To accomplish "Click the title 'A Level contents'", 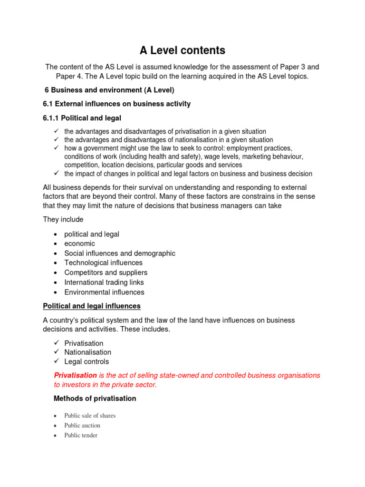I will point(182,50).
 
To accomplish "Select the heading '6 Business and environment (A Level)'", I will point(109,90).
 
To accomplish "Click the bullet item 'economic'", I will point(79,243).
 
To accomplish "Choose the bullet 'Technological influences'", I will point(103,263).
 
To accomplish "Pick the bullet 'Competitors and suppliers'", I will point(106,273).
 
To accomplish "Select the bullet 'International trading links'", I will point(104,282).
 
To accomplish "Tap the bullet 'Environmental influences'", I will point(104,292).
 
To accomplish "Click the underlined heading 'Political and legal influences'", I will point(92,306).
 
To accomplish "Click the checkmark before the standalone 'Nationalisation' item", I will point(56,352).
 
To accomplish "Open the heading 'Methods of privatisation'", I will point(95,399).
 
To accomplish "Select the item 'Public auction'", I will point(82,426).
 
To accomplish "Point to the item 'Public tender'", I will point(81,435).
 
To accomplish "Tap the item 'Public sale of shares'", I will point(90,416).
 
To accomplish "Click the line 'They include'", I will point(63,220).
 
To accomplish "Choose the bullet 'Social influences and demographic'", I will point(120,253).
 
